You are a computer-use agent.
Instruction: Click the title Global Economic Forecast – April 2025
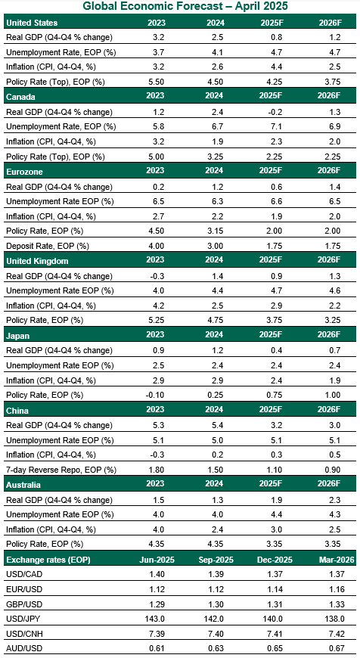(x=180, y=6)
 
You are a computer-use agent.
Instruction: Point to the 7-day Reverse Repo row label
(x=60, y=470)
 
